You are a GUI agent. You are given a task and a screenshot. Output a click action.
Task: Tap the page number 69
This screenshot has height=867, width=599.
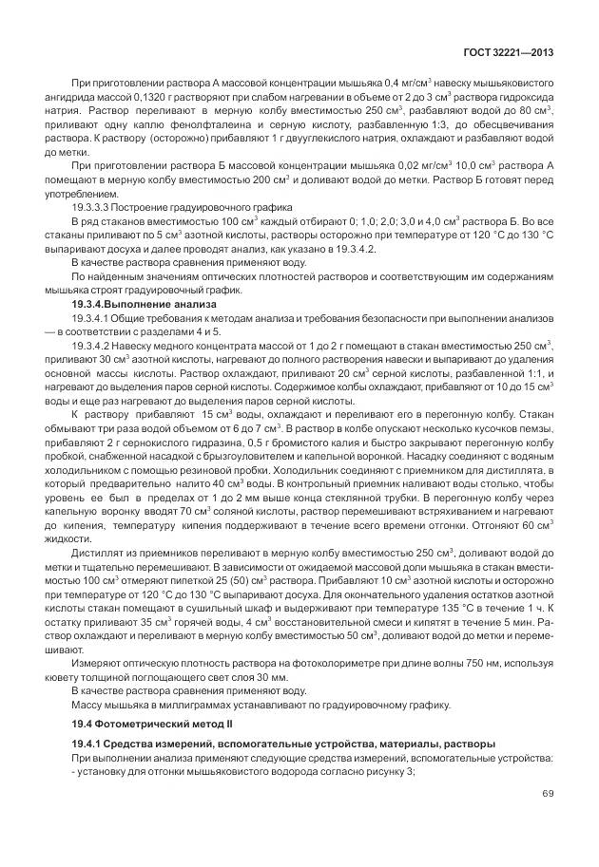point(548,794)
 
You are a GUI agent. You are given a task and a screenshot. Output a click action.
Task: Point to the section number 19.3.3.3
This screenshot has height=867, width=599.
point(94,207)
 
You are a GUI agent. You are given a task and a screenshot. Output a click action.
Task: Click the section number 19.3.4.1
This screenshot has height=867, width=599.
point(94,317)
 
